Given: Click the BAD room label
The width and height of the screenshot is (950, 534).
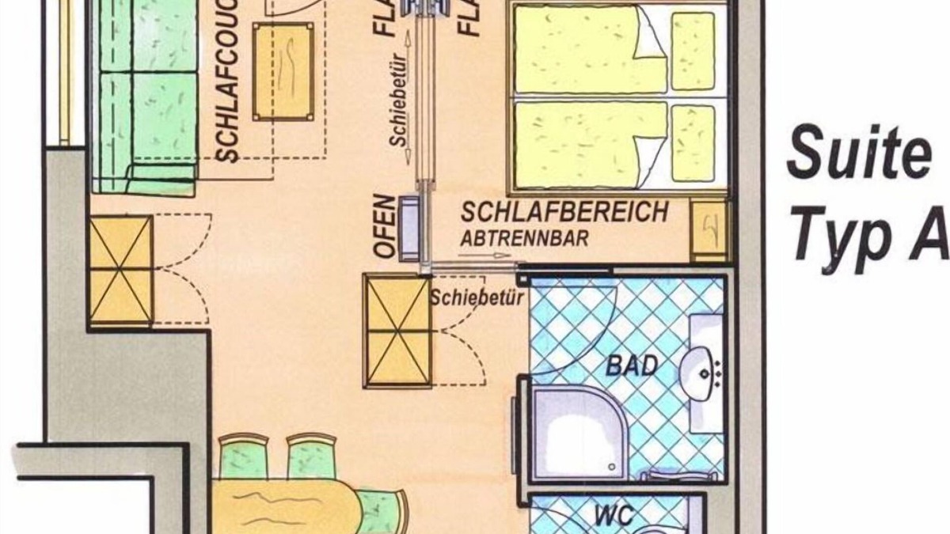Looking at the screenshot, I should [632, 365].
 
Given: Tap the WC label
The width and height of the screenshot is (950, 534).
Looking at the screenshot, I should [614, 516].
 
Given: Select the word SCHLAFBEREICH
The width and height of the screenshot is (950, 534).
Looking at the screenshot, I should [565, 213].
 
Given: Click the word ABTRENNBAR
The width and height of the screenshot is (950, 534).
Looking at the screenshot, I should [526, 237].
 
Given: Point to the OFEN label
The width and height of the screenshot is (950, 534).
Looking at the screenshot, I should [384, 226].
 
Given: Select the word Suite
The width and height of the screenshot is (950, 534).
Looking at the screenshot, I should [858, 155].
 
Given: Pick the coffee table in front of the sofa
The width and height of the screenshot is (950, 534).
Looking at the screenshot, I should [283, 71].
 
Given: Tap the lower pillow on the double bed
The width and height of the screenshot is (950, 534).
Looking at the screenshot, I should [693, 142].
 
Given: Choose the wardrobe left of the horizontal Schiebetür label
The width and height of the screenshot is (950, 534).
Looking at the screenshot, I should [397, 331].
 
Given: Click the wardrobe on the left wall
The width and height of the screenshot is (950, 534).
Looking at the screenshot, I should [121, 271].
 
